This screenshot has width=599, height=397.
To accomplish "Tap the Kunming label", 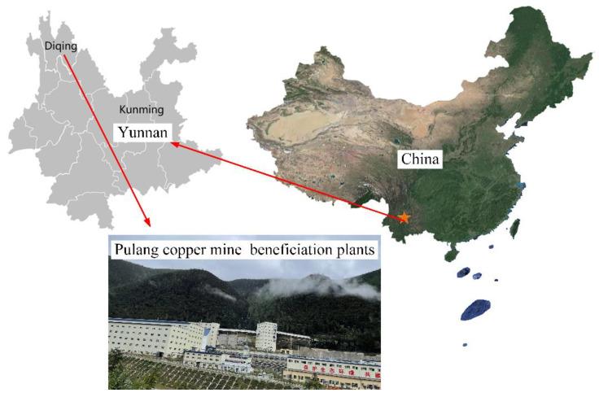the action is tap(141, 109).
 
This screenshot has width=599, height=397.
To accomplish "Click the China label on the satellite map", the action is tap(419, 159).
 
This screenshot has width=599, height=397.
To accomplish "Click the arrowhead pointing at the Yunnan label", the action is tap(175, 145).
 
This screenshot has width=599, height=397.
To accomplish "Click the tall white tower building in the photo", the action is tap(267, 334).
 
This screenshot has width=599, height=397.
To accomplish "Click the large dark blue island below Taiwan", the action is tap(475, 309).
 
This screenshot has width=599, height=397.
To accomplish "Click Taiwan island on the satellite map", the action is tap(514, 228).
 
